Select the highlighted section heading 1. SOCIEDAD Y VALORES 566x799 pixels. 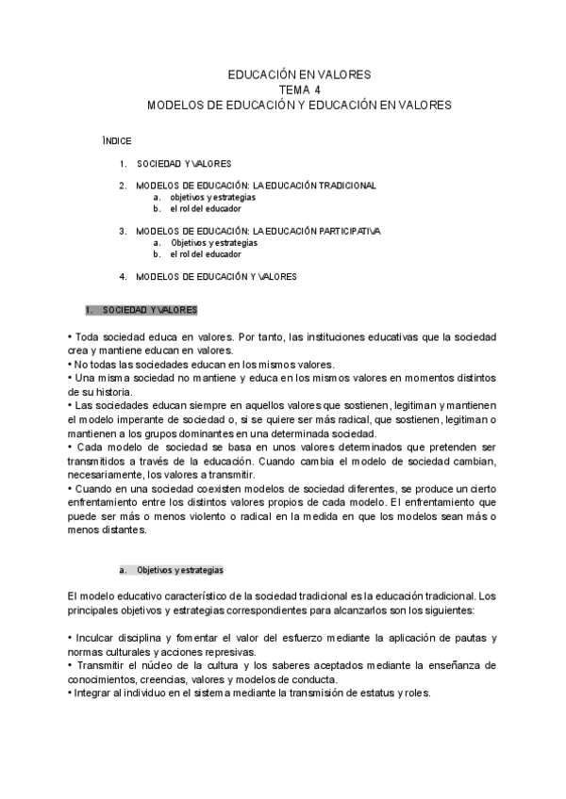click(141, 310)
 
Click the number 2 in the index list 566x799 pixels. click(123, 186)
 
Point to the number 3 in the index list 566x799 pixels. click(123, 231)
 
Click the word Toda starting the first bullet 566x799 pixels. click(88, 335)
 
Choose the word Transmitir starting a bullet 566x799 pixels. click(100, 666)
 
